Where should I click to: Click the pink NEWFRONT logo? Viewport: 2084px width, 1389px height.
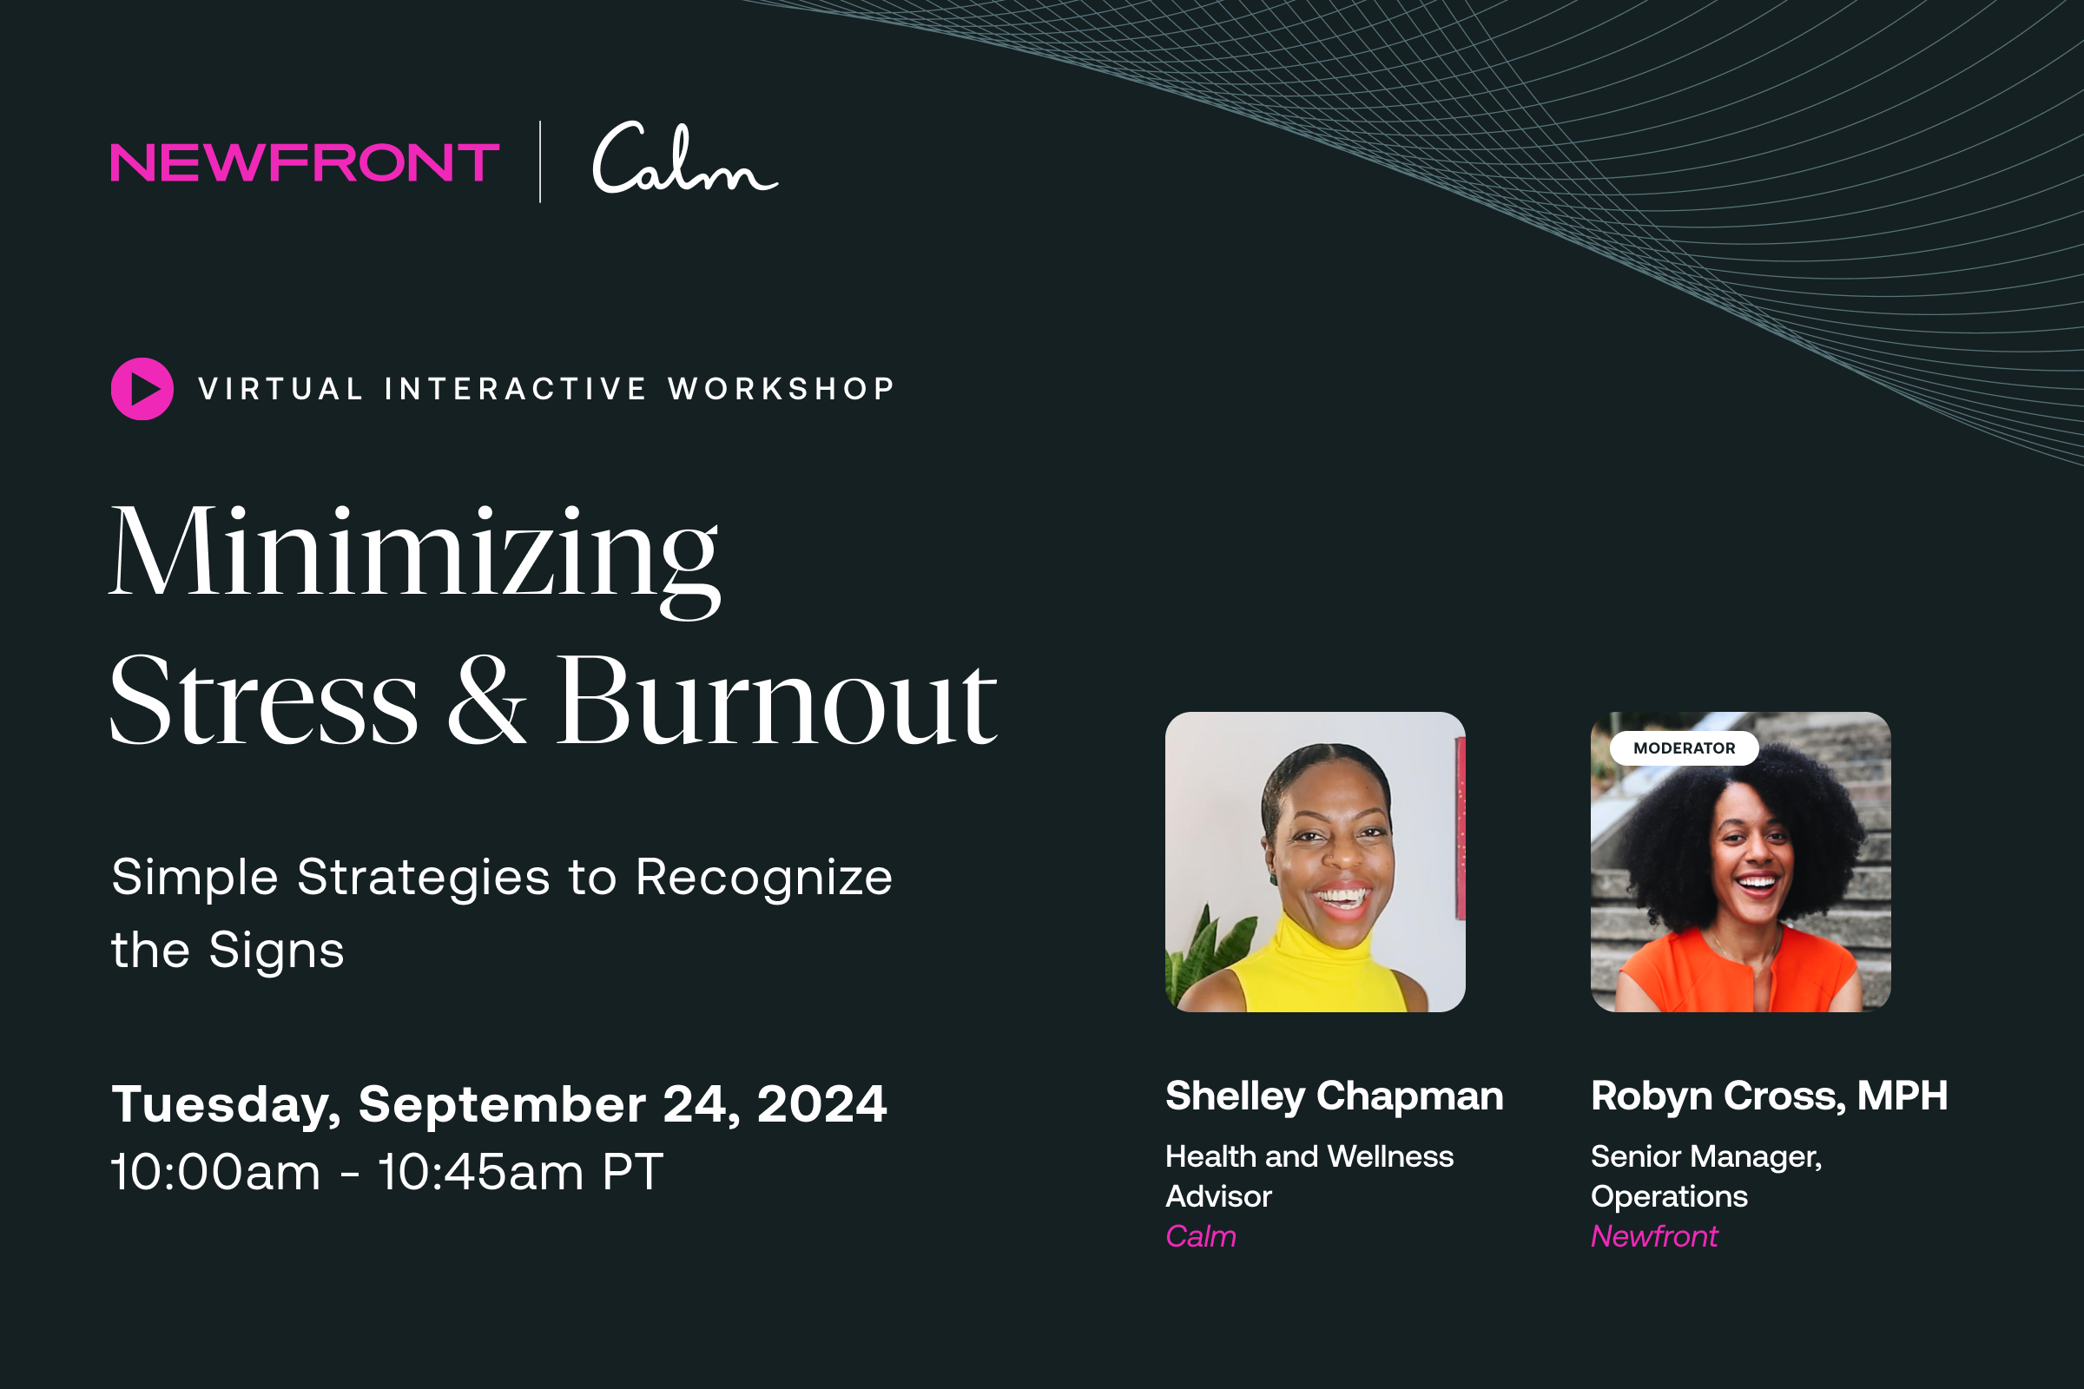click(305, 163)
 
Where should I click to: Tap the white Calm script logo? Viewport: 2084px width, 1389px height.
click(683, 160)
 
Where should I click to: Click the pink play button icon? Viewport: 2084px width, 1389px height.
click(142, 389)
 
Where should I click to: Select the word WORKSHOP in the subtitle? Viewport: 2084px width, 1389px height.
click(781, 389)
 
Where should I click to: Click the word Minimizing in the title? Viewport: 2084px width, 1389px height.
click(414, 554)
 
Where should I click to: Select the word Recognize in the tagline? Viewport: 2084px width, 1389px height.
click(764, 878)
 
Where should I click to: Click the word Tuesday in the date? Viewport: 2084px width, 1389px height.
click(226, 1104)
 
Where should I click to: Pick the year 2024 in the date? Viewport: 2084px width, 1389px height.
click(821, 1104)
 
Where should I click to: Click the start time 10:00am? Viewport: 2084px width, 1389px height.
click(215, 1173)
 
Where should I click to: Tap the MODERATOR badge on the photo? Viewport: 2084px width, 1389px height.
click(1684, 748)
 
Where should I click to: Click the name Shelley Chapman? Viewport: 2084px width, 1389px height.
click(1335, 1096)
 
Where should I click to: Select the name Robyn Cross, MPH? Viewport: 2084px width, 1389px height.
click(1769, 1096)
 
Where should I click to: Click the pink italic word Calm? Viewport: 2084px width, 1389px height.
click(1201, 1236)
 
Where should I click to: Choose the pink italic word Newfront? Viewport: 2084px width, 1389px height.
click(1654, 1236)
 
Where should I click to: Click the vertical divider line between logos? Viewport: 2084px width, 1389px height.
click(540, 162)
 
